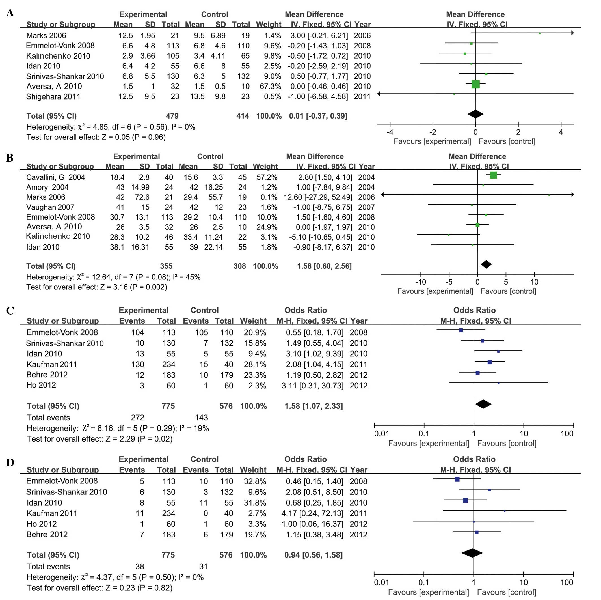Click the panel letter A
coord(10,13)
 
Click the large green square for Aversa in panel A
coord(475,84)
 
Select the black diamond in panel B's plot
coord(486,264)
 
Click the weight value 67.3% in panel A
coord(270,86)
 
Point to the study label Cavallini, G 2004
coord(55,177)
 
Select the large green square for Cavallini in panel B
coord(493,175)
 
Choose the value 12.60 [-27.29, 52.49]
coord(318,197)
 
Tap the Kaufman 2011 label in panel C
coord(52,364)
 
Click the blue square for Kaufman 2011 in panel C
coord(490,362)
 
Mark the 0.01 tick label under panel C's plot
coord(381,433)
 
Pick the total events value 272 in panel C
coord(137,418)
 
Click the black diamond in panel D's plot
coord(472,553)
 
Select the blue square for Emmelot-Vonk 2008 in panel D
coord(457,479)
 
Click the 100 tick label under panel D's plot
coord(567,582)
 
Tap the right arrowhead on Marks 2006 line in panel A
coord(572,33)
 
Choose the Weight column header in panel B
coord(265,167)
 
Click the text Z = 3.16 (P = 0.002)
coord(134,287)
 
